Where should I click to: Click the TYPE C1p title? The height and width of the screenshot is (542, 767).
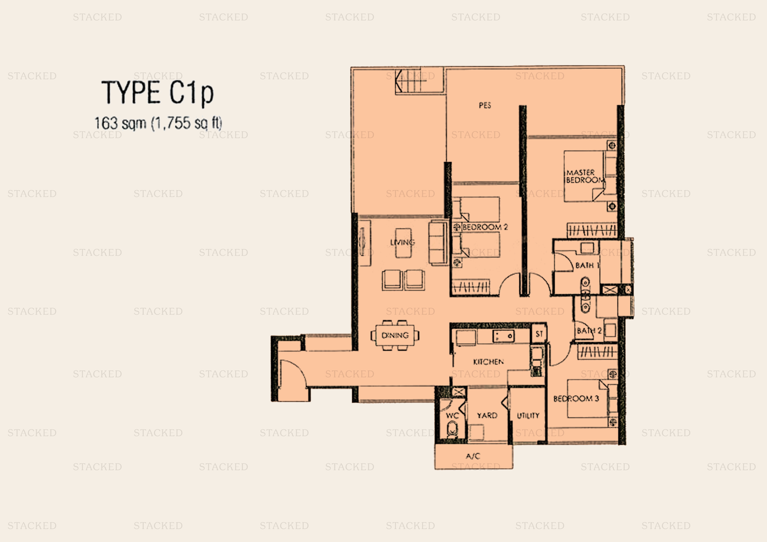[x=157, y=92]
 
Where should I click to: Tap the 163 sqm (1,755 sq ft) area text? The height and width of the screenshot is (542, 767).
[x=158, y=123]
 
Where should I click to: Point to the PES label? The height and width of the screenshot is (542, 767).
[x=485, y=106]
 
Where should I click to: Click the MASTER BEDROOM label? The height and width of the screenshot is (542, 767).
[x=585, y=176]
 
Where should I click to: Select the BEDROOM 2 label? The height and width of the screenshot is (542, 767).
[x=485, y=227]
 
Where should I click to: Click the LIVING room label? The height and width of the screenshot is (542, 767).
[x=403, y=242]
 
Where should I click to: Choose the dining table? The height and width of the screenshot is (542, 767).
[x=395, y=335]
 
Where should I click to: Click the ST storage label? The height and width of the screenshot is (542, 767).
[x=539, y=334]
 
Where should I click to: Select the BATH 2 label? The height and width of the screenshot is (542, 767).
[x=589, y=331]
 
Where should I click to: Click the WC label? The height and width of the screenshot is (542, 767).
[x=452, y=416]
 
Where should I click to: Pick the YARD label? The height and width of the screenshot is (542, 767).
[x=487, y=415]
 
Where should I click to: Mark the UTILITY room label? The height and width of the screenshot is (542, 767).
[x=528, y=416]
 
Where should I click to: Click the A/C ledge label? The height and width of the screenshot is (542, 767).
[x=473, y=456]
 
